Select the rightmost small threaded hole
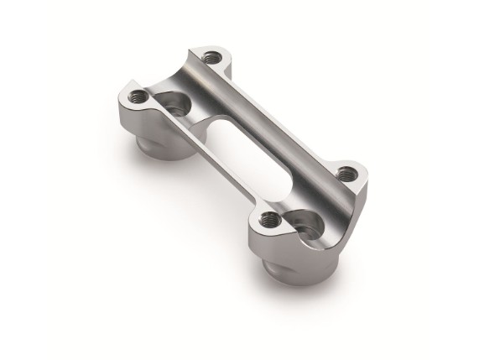343,175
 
